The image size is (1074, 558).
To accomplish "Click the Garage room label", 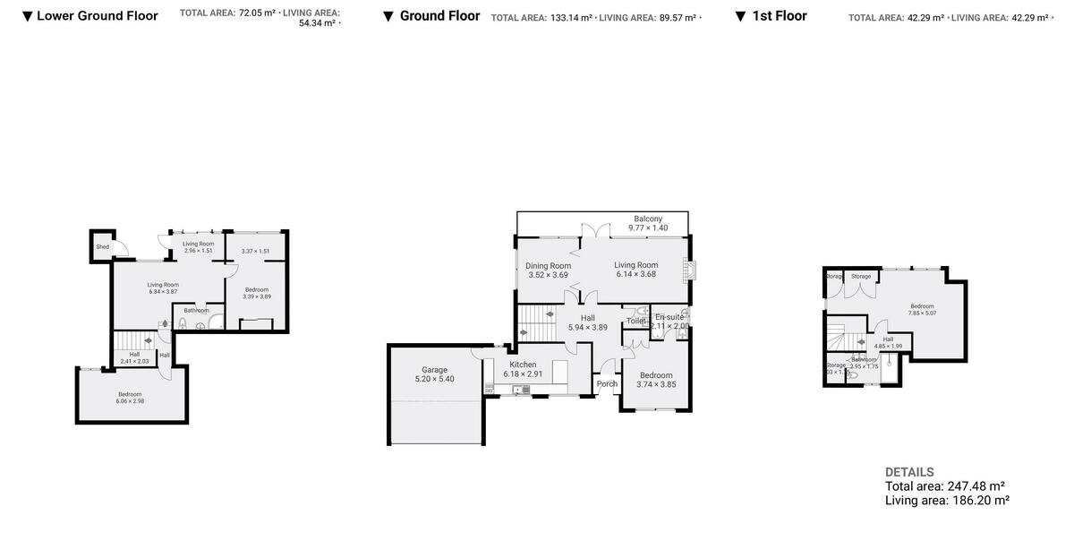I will click(x=434, y=369).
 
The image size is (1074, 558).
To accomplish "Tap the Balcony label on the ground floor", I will click(x=648, y=219).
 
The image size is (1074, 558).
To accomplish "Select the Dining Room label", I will click(x=548, y=265).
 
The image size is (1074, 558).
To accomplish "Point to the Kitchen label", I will click(x=523, y=365).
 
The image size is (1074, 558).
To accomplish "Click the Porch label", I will click(x=607, y=384).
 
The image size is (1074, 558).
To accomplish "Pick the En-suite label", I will click(x=669, y=317).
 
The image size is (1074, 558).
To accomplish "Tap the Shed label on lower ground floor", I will click(x=103, y=246).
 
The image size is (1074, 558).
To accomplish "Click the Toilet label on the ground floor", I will click(x=636, y=321).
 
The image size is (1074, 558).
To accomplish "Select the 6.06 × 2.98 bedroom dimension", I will click(x=130, y=401).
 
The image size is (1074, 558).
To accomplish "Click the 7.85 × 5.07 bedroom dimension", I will click(x=922, y=313).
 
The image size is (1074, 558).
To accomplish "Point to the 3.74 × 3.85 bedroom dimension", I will click(x=656, y=384).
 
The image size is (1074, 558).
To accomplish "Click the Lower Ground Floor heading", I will click(x=98, y=16).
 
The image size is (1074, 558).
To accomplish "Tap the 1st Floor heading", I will click(x=779, y=16).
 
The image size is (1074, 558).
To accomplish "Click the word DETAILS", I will click(x=909, y=472).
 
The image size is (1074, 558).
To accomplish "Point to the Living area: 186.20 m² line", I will click(x=947, y=501).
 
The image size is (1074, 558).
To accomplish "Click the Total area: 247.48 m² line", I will click(x=947, y=486).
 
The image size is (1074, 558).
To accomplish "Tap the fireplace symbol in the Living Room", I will click(x=686, y=270).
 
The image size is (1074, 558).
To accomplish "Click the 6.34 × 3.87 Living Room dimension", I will click(x=163, y=292).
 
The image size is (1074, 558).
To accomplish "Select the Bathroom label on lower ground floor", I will click(x=196, y=311).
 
